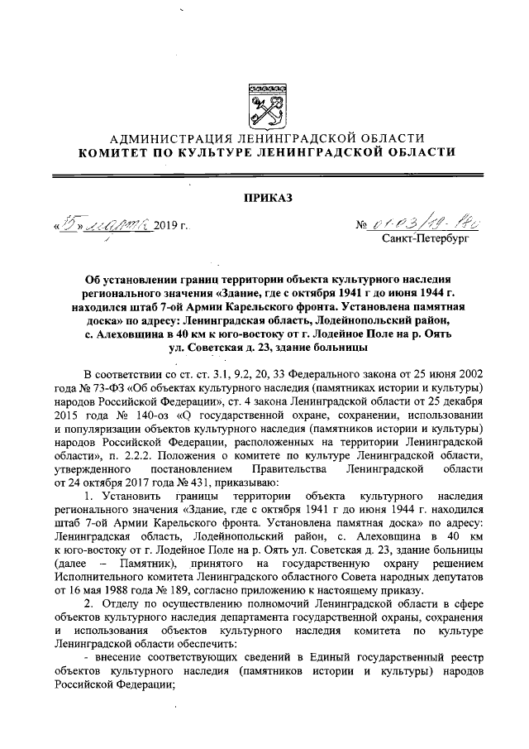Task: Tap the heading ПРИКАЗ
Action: (267, 196)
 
